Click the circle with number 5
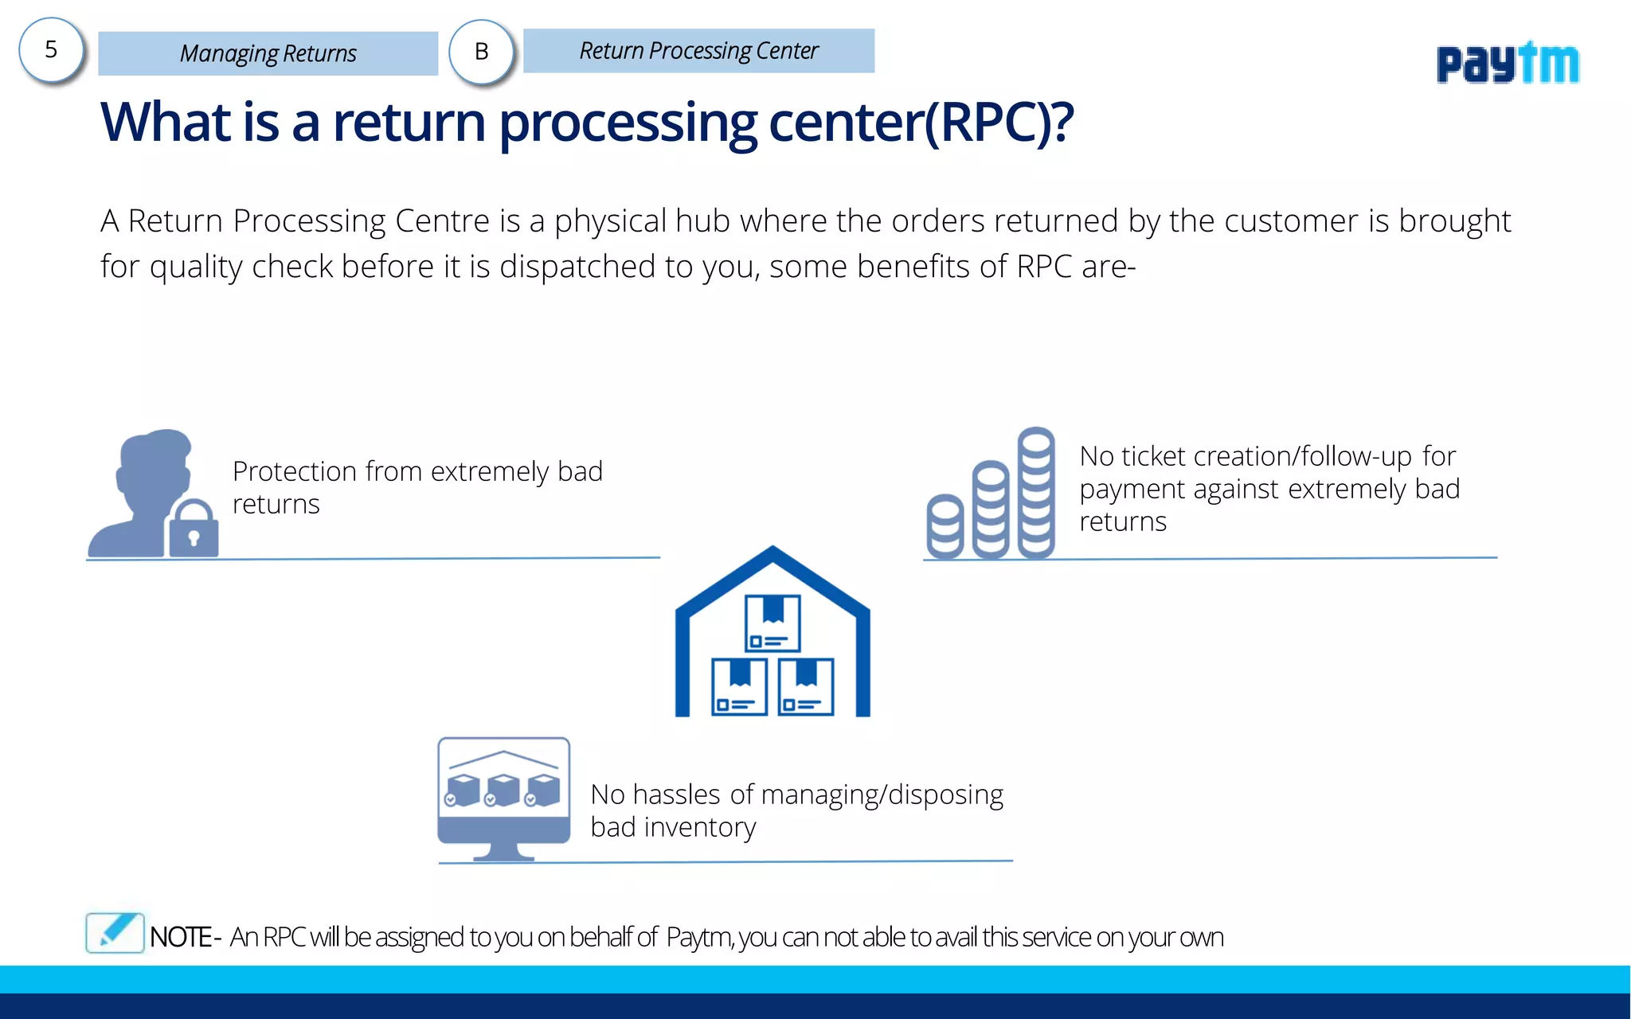(51, 51)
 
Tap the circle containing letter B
(481, 53)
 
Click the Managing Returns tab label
(268, 53)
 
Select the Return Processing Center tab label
(698, 51)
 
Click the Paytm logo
(1507, 63)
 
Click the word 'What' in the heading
(166, 123)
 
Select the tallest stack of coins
(1036, 494)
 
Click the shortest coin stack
(945, 527)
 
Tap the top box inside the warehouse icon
(772, 623)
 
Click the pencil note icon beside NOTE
(115, 932)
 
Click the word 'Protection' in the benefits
(294, 472)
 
